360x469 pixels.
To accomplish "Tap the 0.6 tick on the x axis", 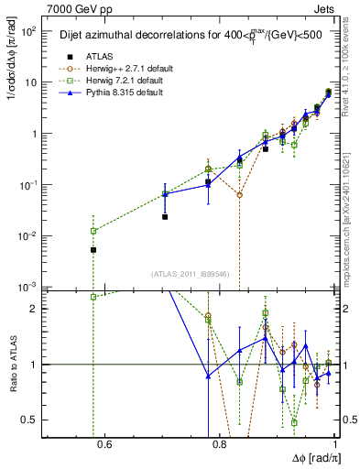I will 104,446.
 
